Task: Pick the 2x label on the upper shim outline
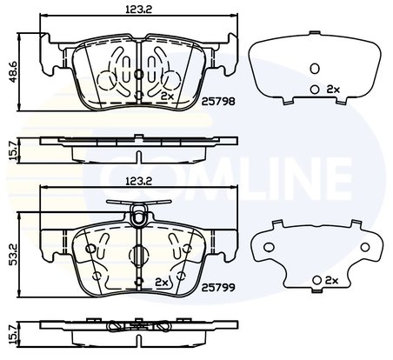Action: (331, 90)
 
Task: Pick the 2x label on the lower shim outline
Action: (330, 280)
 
